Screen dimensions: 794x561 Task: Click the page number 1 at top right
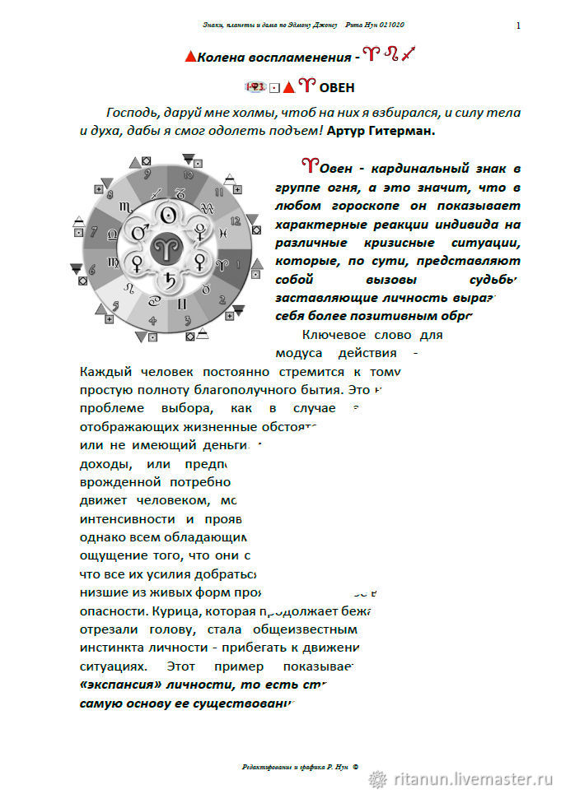tap(517, 26)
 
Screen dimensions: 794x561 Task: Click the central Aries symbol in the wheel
tap(168, 245)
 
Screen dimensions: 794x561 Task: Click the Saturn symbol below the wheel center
tap(168, 277)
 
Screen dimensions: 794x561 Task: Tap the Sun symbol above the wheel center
tap(168, 215)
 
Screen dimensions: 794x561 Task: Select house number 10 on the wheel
tap(189, 174)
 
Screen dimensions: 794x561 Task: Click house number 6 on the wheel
tap(92, 268)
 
